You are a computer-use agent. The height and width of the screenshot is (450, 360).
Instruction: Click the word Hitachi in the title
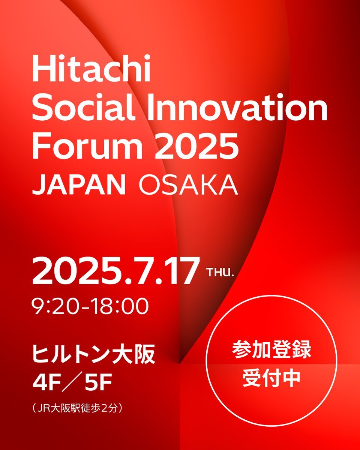91,68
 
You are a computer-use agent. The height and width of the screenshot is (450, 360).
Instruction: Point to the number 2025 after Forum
196,146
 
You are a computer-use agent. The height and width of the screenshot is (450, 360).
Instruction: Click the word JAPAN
79,185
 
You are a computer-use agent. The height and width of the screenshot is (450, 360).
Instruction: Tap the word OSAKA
189,185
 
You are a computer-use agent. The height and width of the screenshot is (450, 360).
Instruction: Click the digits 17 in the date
179,271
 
